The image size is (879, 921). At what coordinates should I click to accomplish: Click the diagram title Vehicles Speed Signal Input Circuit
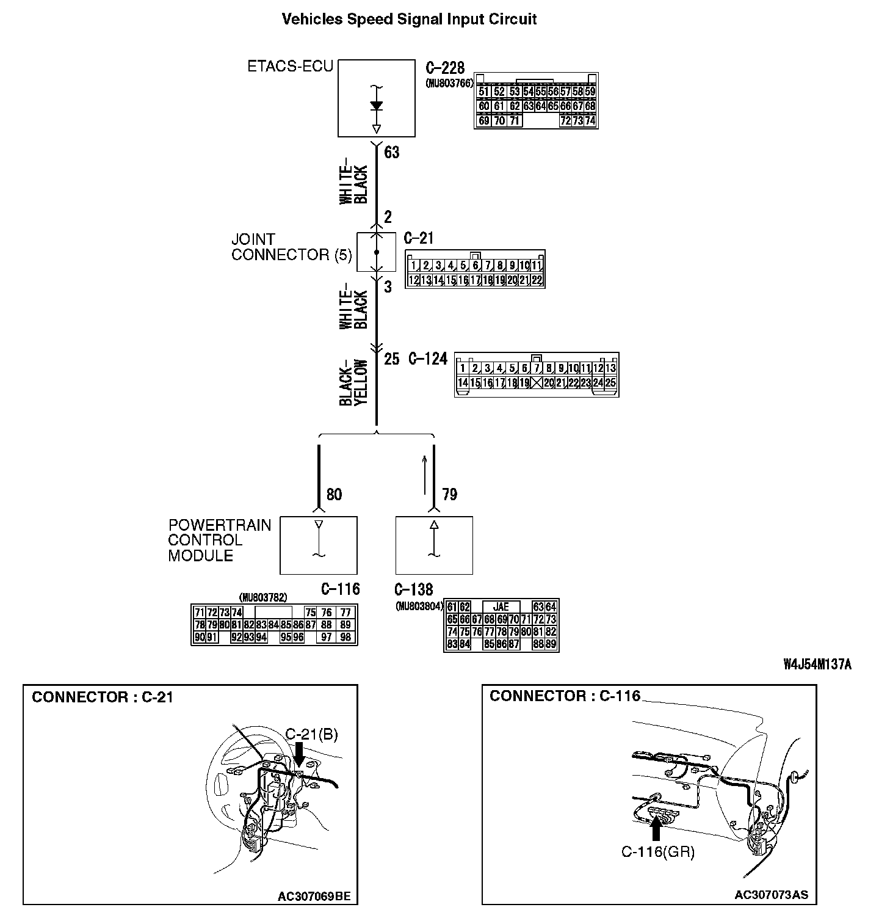pyautogui.click(x=409, y=19)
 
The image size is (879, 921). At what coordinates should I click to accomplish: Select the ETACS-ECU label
pyautogui.click(x=290, y=66)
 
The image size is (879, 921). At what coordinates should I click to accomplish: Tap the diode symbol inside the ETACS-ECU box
pyautogui.click(x=377, y=106)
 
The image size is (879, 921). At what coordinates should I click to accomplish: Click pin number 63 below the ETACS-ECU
pyautogui.click(x=391, y=152)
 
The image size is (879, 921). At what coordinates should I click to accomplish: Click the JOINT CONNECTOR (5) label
pyautogui.click(x=291, y=247)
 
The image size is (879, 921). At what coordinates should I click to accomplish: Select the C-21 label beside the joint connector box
pyautogui.click(x=419, y=238)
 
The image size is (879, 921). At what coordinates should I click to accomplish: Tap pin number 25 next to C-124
pyautogui.click(x=391, y=359)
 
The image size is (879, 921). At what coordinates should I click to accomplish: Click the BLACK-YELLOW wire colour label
pyautogui.click(x=354, y=382)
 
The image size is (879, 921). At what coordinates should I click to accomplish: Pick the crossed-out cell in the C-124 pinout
pyautogui.click(x=537, y=383)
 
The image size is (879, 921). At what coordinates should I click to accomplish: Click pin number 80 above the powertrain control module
pyautogui.click(x=334, y=494)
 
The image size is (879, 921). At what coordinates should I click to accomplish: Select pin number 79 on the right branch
pyautogui.click(x=449, y=494)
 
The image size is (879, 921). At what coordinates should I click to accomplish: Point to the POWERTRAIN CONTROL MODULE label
pyautogui.click(x=219, y=541)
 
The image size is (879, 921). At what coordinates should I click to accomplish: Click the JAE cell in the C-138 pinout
pyautogui.click(x=501, y=607)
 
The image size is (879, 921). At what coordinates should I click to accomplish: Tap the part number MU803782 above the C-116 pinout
pyautogui.click(x=263, y=597)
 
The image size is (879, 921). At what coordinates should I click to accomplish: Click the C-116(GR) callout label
pyautogui.click(x=658, y=852)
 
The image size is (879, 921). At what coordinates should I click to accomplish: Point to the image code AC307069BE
pyautogui.click(x=314, y=897)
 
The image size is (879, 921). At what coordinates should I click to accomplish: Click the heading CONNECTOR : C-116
pyautogui.click(x=565, y=696)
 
